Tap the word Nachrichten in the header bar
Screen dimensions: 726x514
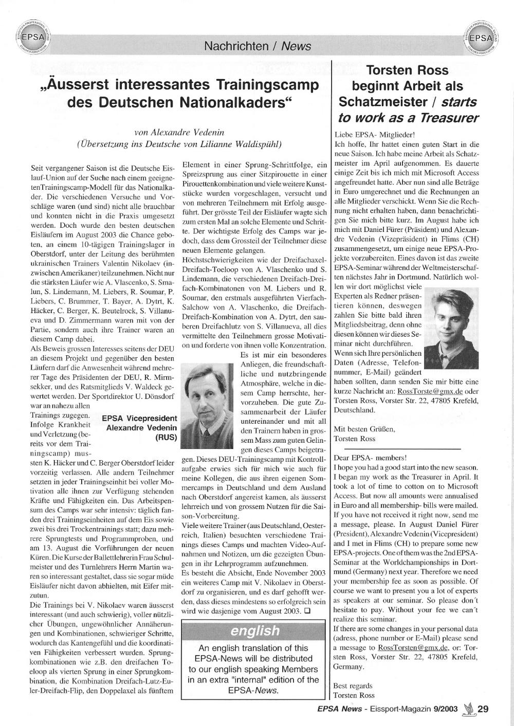pos(236,46)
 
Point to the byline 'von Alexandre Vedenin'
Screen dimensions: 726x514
pos(178,132)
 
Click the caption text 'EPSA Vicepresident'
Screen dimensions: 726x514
pos(140,418)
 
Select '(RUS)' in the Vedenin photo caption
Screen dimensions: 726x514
pos(166,438)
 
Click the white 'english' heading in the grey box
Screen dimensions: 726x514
pos(255,630)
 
